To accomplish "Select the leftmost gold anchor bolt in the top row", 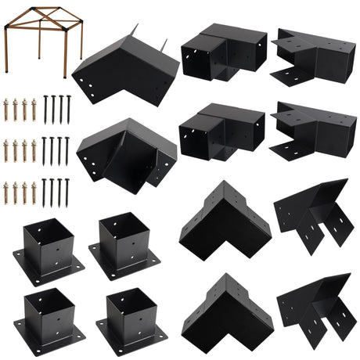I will pos(7,110).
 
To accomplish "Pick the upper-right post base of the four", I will pos(124,243).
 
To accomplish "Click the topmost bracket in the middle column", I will pos(223,51).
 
